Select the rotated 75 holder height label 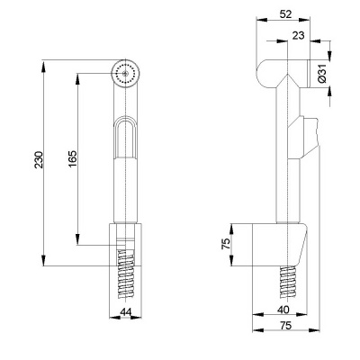(x=227, y=243)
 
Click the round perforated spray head (x=125, y=73)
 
